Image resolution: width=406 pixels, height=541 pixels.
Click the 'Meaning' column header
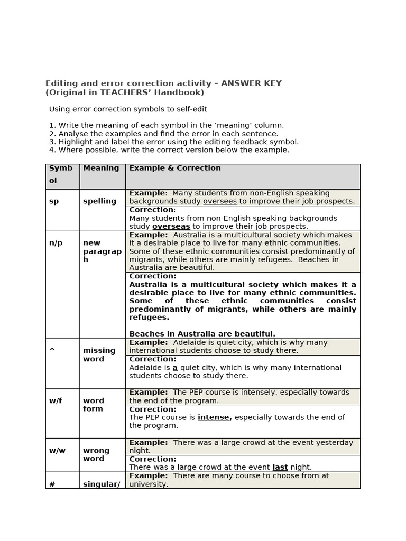click(101, 168)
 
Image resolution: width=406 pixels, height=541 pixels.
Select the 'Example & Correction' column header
click(175, 168)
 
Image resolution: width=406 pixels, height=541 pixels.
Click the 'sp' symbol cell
click(54, 201)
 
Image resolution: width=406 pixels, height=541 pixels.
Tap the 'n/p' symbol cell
click(56, 243)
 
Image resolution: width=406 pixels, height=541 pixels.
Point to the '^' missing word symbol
click(52, 350)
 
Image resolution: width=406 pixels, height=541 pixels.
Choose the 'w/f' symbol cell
click(56, 400)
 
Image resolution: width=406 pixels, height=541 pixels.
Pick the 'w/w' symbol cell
click(57, 451)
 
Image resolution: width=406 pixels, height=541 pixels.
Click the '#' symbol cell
click(52, 483)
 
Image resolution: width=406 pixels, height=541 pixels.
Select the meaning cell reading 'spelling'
click(99, 201)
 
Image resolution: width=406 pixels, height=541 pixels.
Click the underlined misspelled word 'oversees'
click(220, 201)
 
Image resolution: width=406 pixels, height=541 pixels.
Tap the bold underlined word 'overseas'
click(171, 226)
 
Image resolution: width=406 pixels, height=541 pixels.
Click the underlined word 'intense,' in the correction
click(215, 417)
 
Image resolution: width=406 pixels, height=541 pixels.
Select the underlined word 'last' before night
click(280, 467)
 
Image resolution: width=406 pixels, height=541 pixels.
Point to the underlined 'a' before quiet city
click(175, 367)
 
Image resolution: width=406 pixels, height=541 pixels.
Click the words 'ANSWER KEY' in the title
click(251, 83)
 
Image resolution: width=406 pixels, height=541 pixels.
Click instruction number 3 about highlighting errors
click(173, 142)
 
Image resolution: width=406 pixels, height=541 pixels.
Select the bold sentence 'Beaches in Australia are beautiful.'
click(202, 334)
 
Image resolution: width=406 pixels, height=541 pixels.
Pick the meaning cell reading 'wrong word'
click(96, 454)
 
